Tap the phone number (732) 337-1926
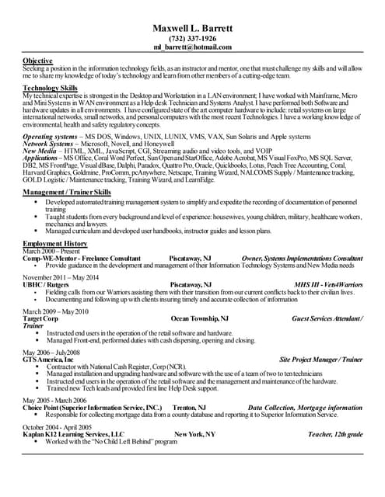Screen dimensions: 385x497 click(x=193, y=38)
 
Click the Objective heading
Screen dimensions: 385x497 click(x=37, y=61)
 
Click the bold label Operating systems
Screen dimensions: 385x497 click(x=50, y=137)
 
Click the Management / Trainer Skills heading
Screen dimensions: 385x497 click(x=67, y=191)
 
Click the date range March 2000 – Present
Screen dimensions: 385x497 click(x=52, y=251)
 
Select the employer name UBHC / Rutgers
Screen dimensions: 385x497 click(x=49, y=285)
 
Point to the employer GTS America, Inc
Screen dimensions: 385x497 click(x=48, y=360)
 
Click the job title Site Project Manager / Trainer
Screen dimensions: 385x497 click(x=320, y=360)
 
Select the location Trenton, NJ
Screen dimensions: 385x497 click(x=189, y=407)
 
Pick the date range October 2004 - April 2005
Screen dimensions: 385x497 click(x=58, y=427)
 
